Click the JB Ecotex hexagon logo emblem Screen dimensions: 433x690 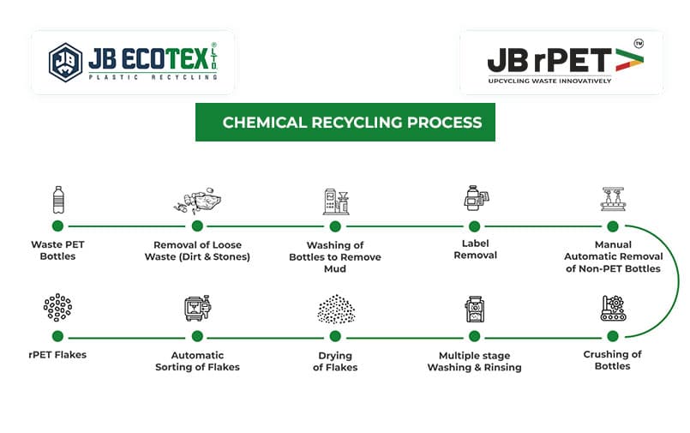[65, 63]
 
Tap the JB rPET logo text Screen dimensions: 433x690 [549, 59]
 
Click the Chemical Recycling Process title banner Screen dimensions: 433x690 [345, 123]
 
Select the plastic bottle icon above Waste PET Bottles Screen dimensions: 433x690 [57, 200]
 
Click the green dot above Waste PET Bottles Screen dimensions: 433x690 [57, 226]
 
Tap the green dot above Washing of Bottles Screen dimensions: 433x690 [335, 226]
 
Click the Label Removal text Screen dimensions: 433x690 [474, 249]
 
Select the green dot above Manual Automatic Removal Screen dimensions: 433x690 [613, 226]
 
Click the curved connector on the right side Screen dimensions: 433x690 [677, 281]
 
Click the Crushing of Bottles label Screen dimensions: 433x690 [612, 360]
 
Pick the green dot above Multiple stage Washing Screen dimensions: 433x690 [474, 336]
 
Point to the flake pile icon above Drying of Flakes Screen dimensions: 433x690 [335, 310]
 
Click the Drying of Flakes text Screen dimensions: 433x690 [335, 361]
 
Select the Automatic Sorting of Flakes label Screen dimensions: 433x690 [197, 361]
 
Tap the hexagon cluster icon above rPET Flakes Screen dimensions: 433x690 [57, 307]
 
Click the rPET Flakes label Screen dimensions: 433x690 [57, 355]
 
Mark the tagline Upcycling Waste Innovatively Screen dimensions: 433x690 [549, 81]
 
